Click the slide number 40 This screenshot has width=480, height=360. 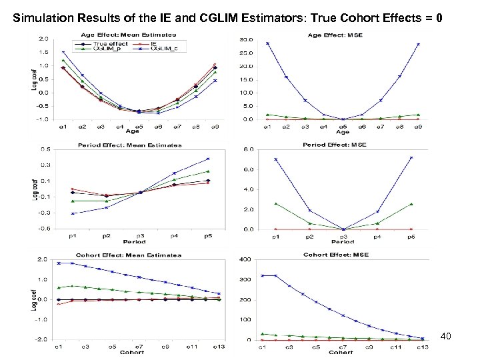point(446,336)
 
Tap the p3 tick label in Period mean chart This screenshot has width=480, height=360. point(141,236)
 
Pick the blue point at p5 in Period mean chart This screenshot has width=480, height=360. point(207,159)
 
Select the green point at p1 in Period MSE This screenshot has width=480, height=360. point(275,203)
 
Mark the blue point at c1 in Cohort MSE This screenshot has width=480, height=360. point(264,275)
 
